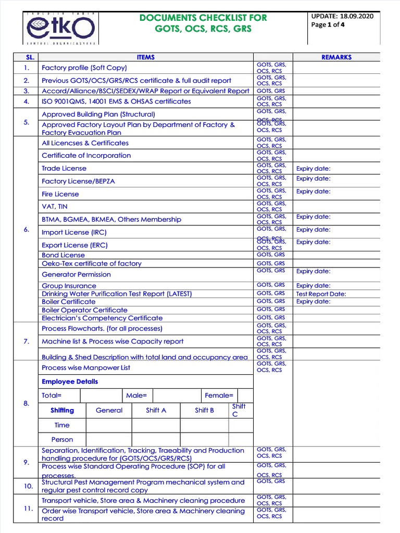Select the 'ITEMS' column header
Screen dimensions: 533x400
[x=145, y=57]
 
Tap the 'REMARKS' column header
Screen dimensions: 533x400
[x=336, y=57]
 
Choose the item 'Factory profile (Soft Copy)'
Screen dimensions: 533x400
[x=84, y=68]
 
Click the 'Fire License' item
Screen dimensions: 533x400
[x=60, y=194]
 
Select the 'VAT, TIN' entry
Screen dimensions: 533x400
[x=55, y=207]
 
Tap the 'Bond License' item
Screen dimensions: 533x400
[x=63, y=255]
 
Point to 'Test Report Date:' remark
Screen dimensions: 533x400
[x=321, y=294]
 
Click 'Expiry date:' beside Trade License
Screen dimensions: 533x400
[x=313, y=169]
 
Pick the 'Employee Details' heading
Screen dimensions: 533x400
[x=70, y=382]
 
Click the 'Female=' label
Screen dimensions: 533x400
[x=219, y=396]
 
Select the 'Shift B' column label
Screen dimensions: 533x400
[x=204, y=410]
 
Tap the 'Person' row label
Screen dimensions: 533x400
[x=62, y=439]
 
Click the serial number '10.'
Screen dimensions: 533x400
[x=28, y=486]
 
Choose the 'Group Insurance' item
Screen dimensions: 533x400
[x=69, y=286]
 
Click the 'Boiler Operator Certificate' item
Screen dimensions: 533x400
[x=84, y=310]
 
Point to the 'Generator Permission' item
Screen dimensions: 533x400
[x=76, y=274]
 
